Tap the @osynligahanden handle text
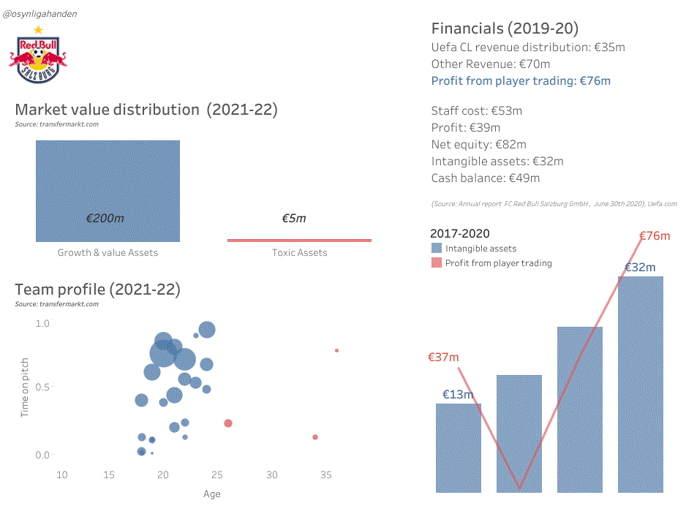[x=40, y=14]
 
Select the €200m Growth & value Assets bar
[x=108, y=191]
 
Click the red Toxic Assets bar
[x=299, y=240]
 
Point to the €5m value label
[x=294, y=219]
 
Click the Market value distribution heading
[x=146, y=110]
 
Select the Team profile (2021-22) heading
[x=97, y=290]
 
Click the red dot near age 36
[x=336, y=350]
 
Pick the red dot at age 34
[x=315, y=437]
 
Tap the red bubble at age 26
[x=228, y=423]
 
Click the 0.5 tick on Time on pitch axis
[x=42, y=387]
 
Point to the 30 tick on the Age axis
[x=272, y=475]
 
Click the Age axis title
[x=211, y=494]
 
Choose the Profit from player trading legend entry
[x=498, y=263]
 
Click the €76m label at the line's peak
[x=655, y=236]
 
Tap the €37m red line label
[x=443, y=358]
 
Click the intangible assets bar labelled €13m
[x=459, y=447]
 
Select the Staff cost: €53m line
[x=477, y=111]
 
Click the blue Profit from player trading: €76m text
[x=521, y=81]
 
